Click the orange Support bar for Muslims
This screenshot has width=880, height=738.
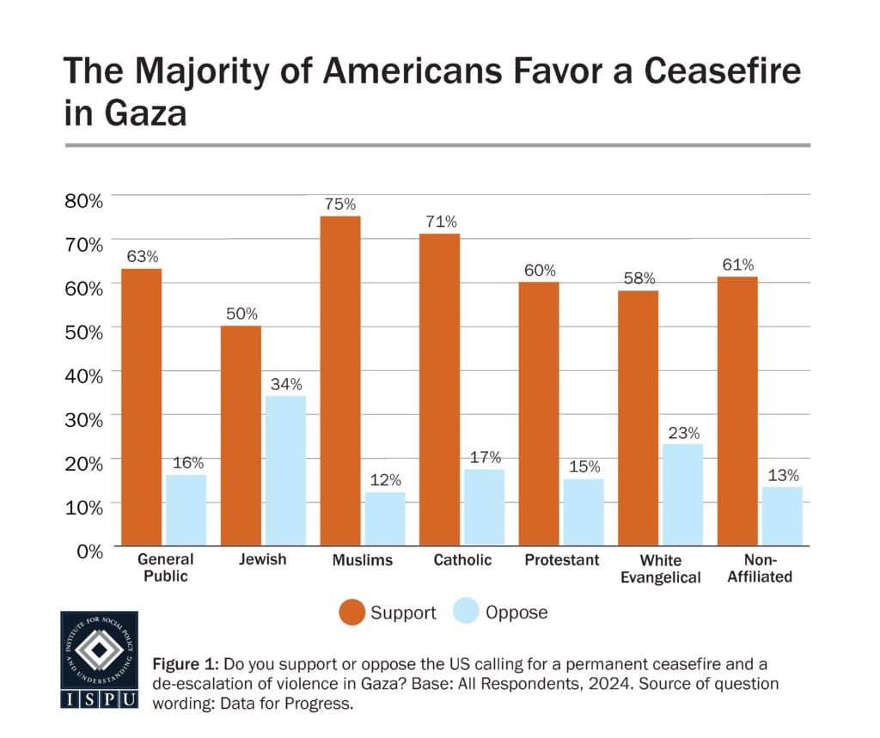tap(340, 381)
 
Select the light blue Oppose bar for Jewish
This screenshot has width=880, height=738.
tap(285, 470)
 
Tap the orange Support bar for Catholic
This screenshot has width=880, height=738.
tap(440, 389)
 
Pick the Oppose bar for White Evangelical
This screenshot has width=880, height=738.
tap(682, 494)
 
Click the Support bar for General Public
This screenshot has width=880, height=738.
tap(141, 406)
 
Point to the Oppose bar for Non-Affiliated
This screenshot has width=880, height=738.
tap(782, 515)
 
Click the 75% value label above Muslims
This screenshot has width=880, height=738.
tap(340, 204)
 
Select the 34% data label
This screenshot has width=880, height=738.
tap(285, 383)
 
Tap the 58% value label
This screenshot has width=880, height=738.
tap(639, 278)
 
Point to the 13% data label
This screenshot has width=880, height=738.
tap(782, 474)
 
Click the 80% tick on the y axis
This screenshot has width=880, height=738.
tap(83, 200)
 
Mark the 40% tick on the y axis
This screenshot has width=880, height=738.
tap(83, 375)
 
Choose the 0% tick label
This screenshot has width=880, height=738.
tap(89, 550)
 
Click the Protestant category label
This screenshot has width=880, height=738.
tap(561, 560)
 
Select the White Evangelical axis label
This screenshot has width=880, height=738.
tap(659, 569)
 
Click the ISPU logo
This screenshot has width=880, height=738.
tap(99, 660)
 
